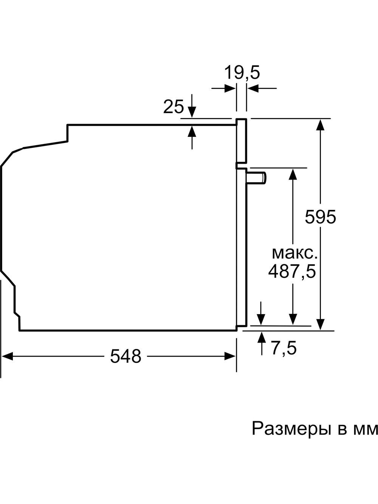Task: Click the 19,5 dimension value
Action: point(242,72)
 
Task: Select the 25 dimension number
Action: point(174,107)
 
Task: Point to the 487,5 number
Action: point(292,271)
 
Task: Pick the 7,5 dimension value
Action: point(284,348)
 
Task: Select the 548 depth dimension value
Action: point(126,356)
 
